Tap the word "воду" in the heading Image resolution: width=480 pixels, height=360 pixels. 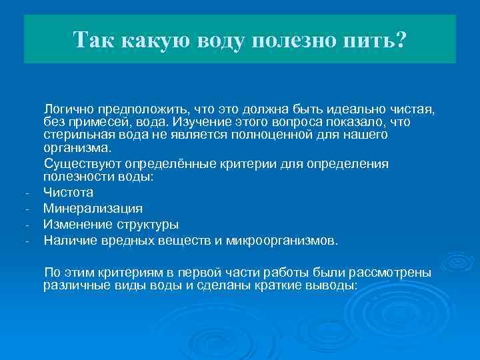pyautogui.click(x=224, y=39)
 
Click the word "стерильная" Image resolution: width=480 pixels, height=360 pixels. pyautogui.click(x=77, y=135)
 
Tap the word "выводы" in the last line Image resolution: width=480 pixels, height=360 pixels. pyautogui.click(x=332, y=285)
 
